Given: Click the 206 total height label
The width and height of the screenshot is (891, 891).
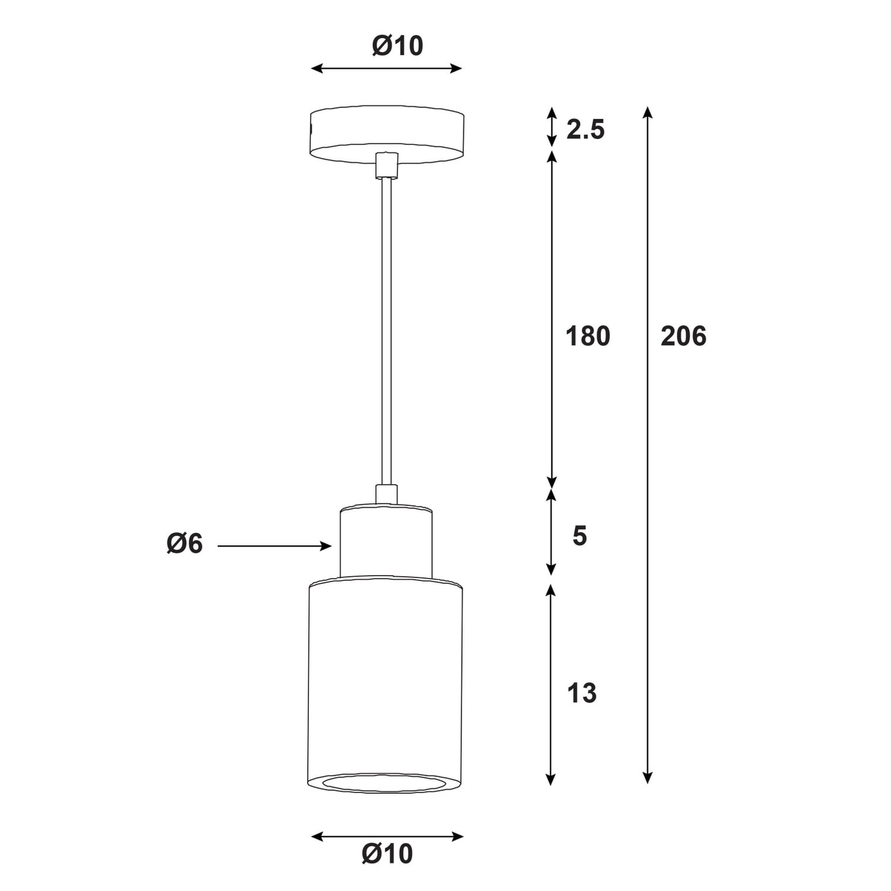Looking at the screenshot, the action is click(683, 336).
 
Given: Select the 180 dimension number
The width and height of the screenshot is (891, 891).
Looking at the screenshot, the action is click(587, 336).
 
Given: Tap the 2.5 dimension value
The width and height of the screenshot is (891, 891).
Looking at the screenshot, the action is click(585, 129).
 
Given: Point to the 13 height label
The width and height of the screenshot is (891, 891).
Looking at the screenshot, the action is click(582, 693).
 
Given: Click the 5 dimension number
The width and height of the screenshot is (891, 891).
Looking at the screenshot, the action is click(580, 536).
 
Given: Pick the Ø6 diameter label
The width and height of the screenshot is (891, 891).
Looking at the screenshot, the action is click(185, 544).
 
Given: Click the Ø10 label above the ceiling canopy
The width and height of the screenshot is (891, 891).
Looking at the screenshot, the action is click(397, 46).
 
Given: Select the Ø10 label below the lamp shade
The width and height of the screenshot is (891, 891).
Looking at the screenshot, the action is click(387, 854).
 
